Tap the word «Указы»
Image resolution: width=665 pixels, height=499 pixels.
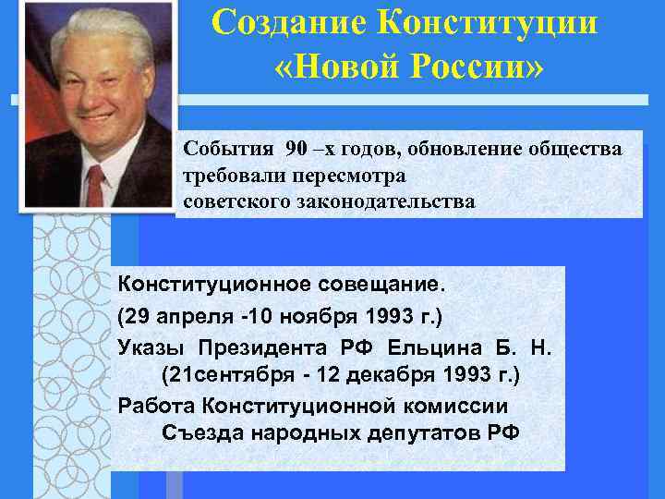click(x=151, y=347)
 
